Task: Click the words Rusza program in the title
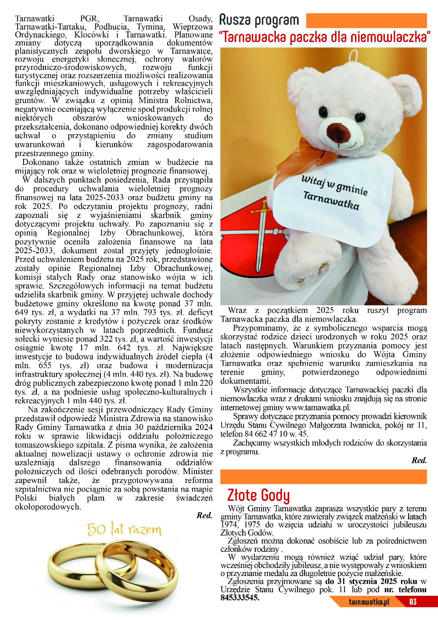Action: point(259,21)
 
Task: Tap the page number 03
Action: point(413,609)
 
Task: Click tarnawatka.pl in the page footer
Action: point(369,609)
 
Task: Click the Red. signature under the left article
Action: point(204,515)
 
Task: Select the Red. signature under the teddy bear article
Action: point(419,460)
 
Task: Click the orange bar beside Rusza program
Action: point(366,21)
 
